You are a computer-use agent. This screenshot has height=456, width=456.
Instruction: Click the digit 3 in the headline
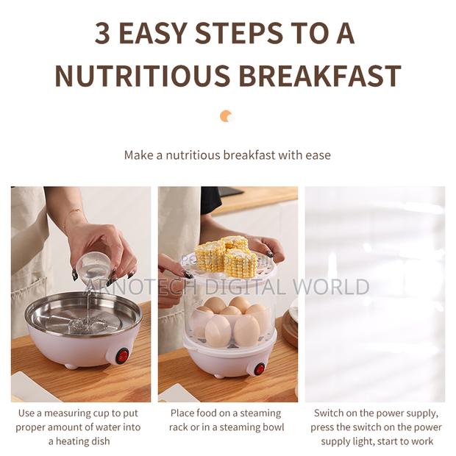click(x=102, y=33)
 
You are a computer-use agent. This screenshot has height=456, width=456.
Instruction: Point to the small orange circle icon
click(x=227, y=116)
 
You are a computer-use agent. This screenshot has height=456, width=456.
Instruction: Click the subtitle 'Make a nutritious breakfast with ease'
click(x=227, y=155)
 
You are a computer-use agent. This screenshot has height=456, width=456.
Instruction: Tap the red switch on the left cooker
click(x=122, y=356)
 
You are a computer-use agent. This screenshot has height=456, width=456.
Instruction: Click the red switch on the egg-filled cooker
click(x=259, y=368)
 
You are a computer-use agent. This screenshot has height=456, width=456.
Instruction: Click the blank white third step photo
click(x=374, y=294)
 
